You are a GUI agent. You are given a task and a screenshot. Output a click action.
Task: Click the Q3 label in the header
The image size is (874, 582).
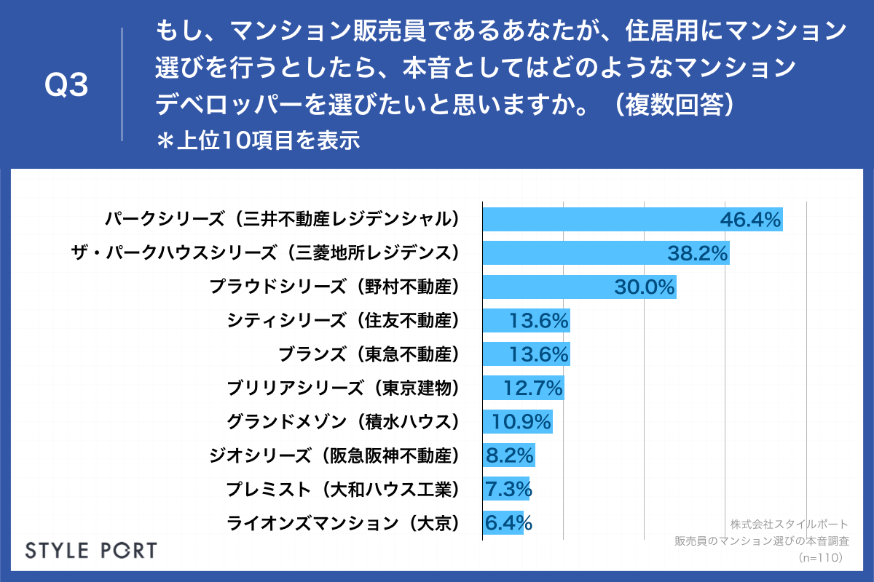coord(66,86)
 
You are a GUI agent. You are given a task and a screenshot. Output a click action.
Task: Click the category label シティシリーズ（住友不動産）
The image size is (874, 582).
coord(345,320)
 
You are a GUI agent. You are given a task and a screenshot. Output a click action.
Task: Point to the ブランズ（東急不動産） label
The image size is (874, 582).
coord(370,354)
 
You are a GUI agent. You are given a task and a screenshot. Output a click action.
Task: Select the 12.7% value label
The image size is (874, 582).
coord(533,388)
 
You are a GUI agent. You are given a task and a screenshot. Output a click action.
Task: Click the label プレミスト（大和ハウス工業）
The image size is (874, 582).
coord(345,490)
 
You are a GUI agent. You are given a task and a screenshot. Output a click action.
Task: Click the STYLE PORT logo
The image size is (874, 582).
coord(91,549)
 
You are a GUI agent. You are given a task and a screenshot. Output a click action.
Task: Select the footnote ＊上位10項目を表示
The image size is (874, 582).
coord(259,140)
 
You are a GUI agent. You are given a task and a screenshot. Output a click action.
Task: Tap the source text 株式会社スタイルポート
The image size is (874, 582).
coord(789,524)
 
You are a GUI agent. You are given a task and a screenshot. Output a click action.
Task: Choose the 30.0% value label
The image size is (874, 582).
coord(645,287)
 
